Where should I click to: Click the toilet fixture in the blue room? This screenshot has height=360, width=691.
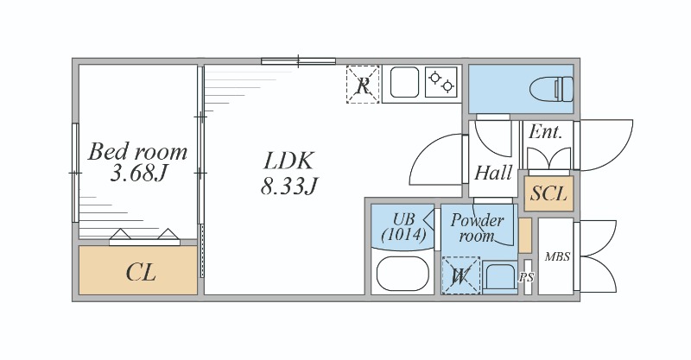[552, 88]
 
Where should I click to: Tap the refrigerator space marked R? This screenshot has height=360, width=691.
[363, 84]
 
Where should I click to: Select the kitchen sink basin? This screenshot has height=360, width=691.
[403, 81]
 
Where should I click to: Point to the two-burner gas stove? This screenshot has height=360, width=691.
[441, 81]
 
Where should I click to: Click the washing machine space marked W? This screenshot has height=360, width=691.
[460, 275]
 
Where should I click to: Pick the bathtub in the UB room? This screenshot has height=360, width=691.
[403, 273]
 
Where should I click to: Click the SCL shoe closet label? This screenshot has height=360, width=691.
[548, 194]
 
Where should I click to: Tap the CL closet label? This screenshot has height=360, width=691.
[141, 273]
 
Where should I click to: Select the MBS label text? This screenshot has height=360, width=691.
[557, 256]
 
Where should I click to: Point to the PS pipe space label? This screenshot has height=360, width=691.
[527, 278]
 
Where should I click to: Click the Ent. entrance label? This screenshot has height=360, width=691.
[545, 132]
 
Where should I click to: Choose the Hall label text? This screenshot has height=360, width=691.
[493, 173]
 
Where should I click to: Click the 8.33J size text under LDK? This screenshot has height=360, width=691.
[288, 186]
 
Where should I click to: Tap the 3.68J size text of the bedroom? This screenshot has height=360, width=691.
[139, 174]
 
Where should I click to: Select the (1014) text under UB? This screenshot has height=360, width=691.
[403, 235]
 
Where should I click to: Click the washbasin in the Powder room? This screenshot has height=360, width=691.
[500, 277]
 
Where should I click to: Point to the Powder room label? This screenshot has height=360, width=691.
[477, 227]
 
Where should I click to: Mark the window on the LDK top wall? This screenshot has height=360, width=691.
[298, 61]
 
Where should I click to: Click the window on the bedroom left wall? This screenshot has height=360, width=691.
[75, 173]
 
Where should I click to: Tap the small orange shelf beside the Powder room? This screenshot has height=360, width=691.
[525, 236]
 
